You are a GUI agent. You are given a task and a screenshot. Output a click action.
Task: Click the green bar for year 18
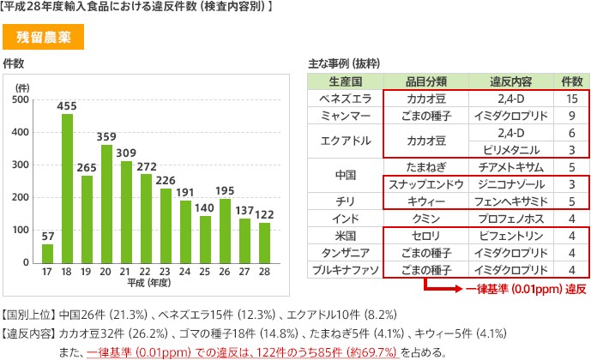pos(67,189)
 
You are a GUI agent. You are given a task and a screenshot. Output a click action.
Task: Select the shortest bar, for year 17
pos(47,254)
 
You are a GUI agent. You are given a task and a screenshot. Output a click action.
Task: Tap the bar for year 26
pos(225,231)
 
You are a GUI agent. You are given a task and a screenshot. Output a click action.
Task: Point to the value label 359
pos(106,136)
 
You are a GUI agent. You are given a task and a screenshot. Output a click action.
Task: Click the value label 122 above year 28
pos(264,214)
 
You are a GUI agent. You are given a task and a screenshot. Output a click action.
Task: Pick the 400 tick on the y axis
pos(20,132)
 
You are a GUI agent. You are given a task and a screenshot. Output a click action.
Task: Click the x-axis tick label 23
pos(165,272)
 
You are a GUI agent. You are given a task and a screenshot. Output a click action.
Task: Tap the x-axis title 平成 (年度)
pos(149,282)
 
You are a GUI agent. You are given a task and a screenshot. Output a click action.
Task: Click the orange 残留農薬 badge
pos(44,37)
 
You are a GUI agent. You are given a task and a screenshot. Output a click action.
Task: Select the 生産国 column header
pos(346,81)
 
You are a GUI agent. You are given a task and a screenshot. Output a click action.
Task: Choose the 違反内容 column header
pos(510,81)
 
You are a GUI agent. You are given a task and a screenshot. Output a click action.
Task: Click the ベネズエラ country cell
pos(346,99)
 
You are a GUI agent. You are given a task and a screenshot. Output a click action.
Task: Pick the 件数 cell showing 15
pos(572,99)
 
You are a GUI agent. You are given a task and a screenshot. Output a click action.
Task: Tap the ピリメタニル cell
pos(511,150)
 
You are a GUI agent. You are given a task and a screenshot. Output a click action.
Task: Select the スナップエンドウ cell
pos(426,184)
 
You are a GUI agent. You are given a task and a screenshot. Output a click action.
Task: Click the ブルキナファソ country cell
pos(346,270)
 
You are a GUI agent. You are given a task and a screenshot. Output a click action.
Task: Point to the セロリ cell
pos(426,236)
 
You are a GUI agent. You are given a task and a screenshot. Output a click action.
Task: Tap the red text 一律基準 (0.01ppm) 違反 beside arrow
pos(526,289)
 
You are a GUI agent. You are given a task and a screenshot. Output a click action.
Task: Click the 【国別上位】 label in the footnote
pos(28,315)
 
